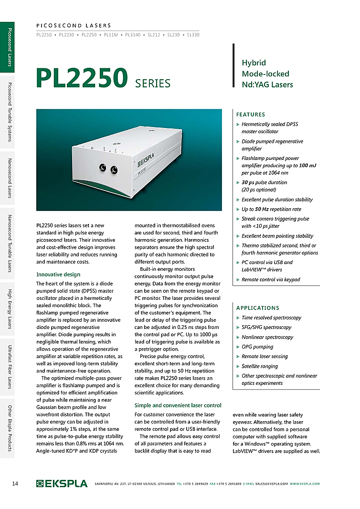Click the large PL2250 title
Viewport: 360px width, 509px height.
click(x=82, y=78)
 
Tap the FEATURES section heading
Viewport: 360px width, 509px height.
click(x=251, y=115)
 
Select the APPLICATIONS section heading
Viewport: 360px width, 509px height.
click(x=258, y=308)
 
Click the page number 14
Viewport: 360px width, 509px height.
click(x=15, y=484)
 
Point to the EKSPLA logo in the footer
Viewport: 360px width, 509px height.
click(x=62, y=484)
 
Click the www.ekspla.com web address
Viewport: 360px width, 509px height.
click(x=305, y=484)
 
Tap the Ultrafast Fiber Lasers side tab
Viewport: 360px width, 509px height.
click(x=8, y=367)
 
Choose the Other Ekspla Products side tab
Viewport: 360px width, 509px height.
click(x=8, y=428)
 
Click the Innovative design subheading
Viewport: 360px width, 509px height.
click(x=58, y=275)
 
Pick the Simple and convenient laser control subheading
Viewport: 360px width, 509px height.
click(x=178, y=405)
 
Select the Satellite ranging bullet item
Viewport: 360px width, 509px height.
click(x=260, y=366)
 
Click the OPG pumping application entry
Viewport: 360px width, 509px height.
click(x=257, y=347)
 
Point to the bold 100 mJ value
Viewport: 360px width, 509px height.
click(x=307, y=166)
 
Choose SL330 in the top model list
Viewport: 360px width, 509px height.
click(x=193, y=35)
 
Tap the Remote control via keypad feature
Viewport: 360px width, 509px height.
click(x=271, y=279)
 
